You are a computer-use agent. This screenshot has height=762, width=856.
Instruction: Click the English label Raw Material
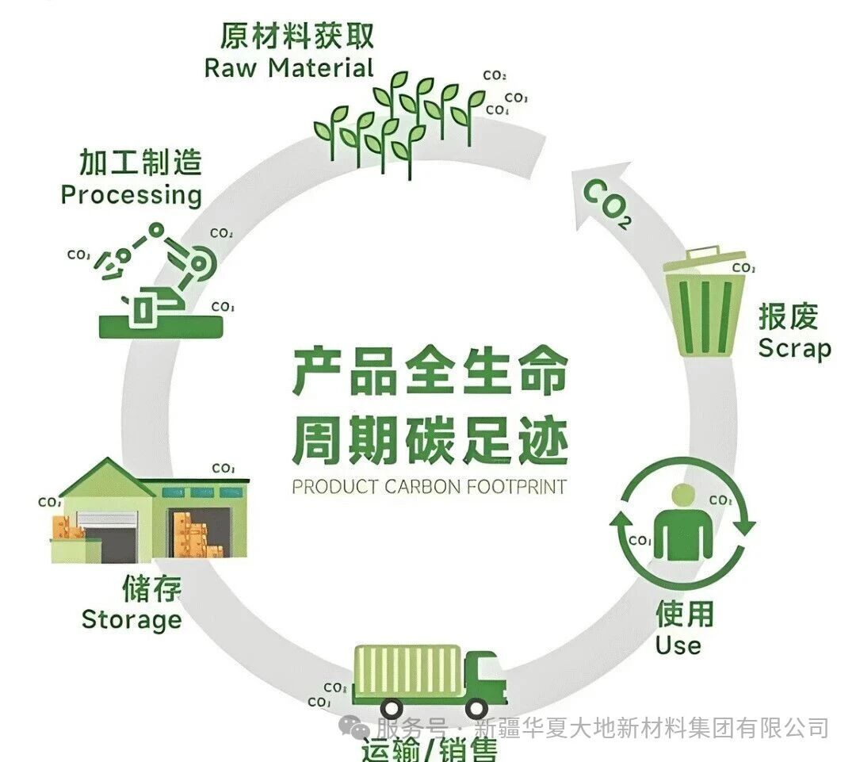(289, 67)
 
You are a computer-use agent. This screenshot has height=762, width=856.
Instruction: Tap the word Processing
(132, 195)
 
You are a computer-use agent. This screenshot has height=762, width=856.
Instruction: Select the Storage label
(132, 618)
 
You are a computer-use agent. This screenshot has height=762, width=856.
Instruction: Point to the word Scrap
(794, 348)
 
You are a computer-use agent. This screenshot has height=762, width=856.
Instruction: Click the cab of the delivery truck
(484, 677)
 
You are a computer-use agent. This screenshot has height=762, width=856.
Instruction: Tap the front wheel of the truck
(476, 708)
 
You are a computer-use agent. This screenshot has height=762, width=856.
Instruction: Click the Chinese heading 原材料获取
(296, 36)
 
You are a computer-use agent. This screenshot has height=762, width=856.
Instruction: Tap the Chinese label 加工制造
(140, 163)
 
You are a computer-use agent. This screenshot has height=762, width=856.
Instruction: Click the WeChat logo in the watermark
(354, 728)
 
